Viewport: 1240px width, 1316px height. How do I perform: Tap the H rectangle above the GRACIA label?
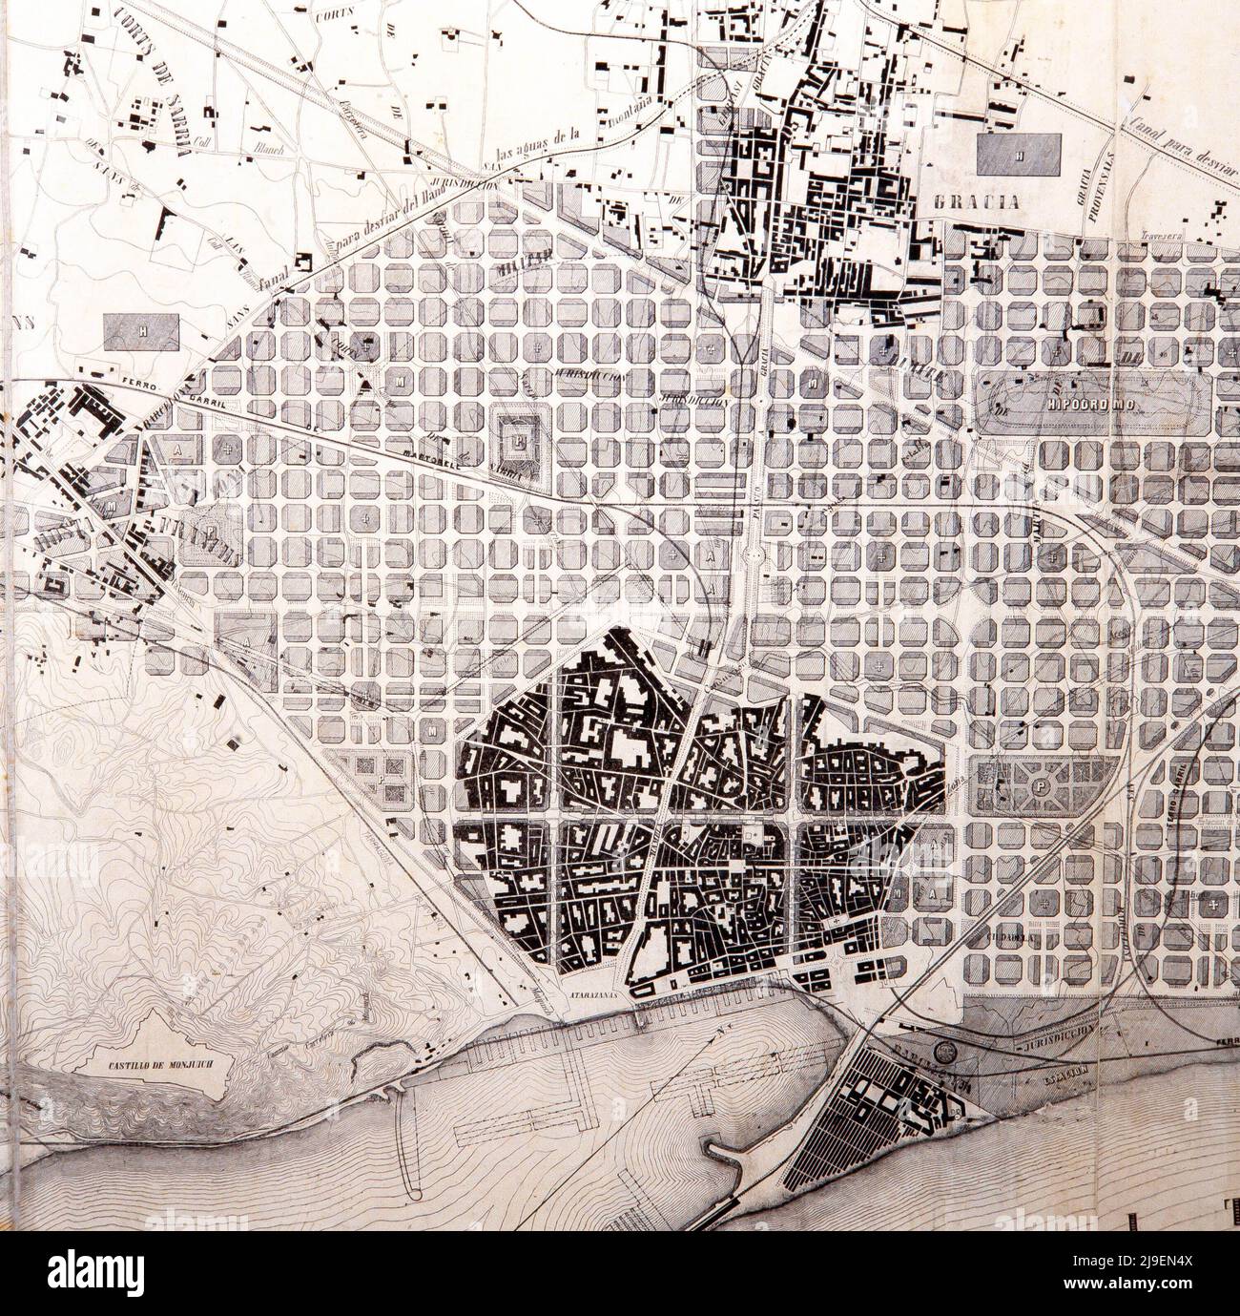click(1019, 154)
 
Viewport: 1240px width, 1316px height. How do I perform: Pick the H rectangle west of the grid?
click(142, 331)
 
